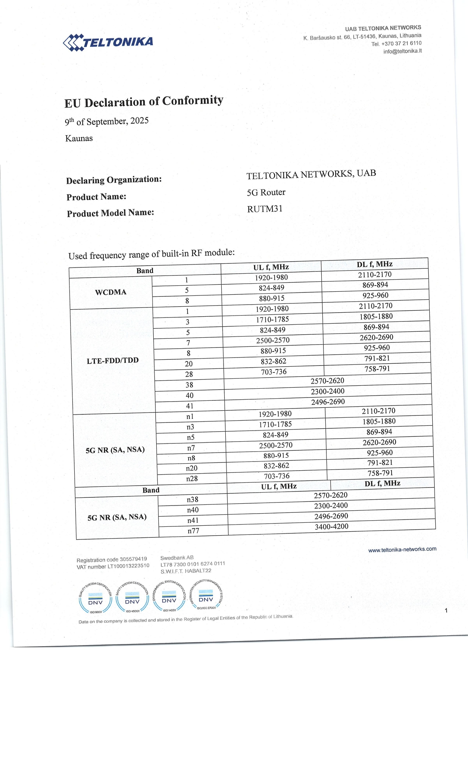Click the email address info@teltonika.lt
point(402,51)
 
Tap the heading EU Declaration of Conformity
point(144,101)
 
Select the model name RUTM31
point(265,209)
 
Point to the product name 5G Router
point(266,192)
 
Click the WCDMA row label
point(111,292)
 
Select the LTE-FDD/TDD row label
point(113,361)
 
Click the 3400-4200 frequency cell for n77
point(331,527)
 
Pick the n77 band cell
point(193,531)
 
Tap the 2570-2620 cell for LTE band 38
point(327,381)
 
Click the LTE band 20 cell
point(189,364)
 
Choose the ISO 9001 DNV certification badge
point(95,598)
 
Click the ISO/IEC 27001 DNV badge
point(206,596)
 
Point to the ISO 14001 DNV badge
point(169,597)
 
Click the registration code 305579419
point(133,559)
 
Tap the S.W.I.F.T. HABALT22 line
point(186,571)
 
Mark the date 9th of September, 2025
point(107,121)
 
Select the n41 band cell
point(193,521)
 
